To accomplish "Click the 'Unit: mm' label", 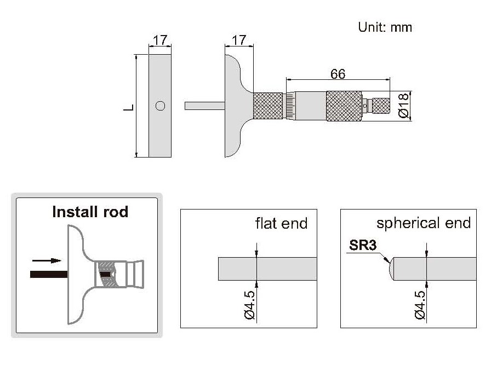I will (385, 27).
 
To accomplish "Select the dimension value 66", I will (338, 74).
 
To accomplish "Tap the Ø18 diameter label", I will (403, 106).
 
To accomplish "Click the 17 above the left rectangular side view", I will (160, 40).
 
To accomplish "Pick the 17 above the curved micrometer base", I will (238, 40).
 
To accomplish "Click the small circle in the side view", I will (160, 106).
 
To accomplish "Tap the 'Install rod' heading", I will (90, 212).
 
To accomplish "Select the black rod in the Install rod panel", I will (49, 272).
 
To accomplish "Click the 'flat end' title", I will (281, 223).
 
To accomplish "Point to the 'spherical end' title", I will (424, 223).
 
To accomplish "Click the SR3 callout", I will (363, 246).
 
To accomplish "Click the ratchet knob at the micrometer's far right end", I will (381, 105).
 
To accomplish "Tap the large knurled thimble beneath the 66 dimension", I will (344, 106).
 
